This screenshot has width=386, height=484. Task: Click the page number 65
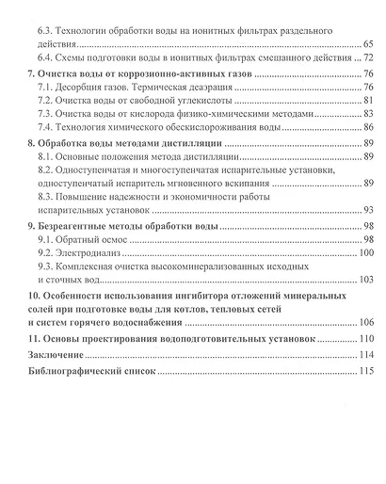[367, 44]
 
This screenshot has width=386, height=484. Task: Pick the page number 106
[365, 321]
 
